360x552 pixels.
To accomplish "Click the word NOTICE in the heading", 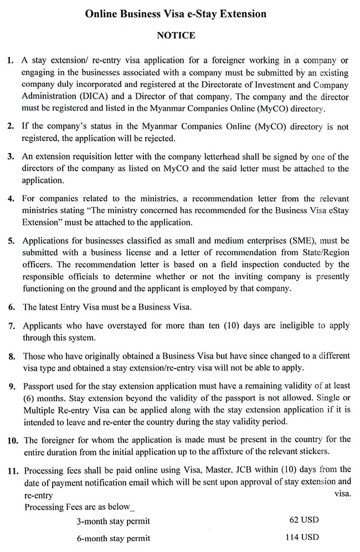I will point(176,35).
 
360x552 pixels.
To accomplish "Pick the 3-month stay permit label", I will point(114,521).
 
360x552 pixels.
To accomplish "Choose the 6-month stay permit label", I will point(114,538).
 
